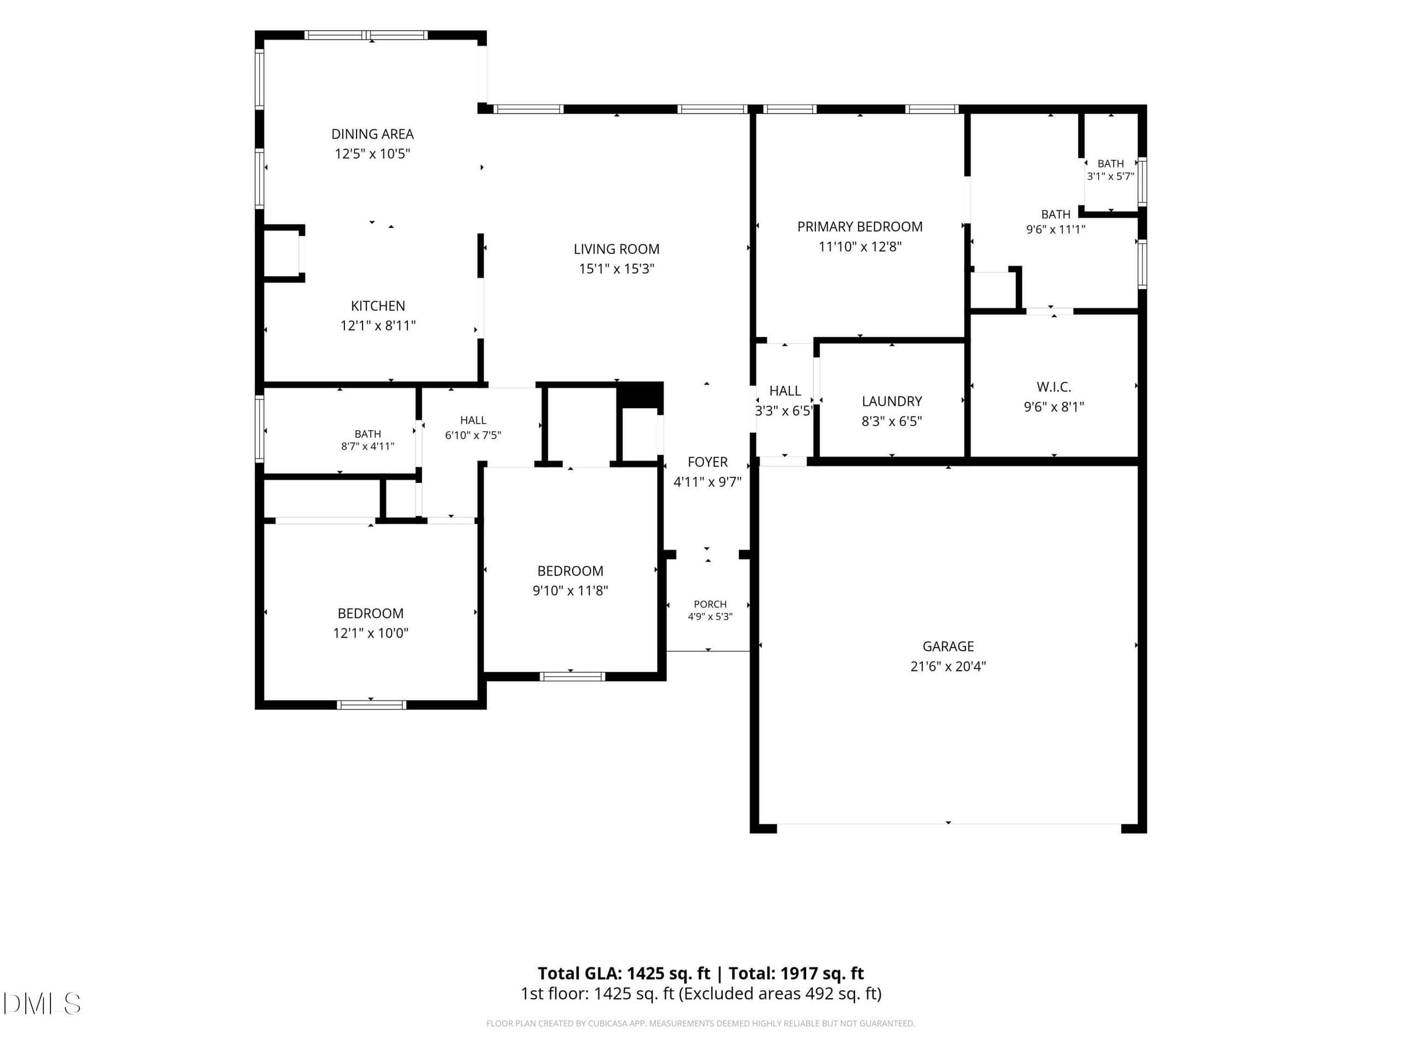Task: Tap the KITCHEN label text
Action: pyautogui.click(x=378, y=306)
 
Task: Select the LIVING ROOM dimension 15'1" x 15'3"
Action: pyautogui.click(x=616, y=268)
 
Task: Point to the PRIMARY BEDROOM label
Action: pyautogui.click(x=859, y=226)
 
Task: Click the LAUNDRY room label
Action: pyautogui.click(x=892, y=402)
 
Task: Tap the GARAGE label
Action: pyautogui.click(x=948, y=646)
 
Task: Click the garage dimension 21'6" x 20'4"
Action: pyautogui.click(x=948, y=666)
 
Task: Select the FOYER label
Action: pyautogui.click(x=708, y=462)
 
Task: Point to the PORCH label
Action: pyautogui.click(x=710, y=604)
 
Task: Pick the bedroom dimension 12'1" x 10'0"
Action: pyautogui.click(x=371, y=633)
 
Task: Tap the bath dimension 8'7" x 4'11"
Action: pyautogui.click(x=367, y=447)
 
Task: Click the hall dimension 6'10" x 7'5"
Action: pyautogui.click(x=473, y=436)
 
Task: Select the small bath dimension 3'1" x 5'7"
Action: pyautogui.click(x=1111, y=176)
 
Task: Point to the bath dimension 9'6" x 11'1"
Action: pyautogui.click(x=1055, y=230)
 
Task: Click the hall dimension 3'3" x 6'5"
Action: pyautogui.click(x=784, y=411)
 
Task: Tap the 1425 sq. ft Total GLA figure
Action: pyautogui.click(x=669, y=973)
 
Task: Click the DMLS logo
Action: pyautogui.click(x=42, y=1003)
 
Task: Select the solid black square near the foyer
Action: pyautogui.click(x=640, y=395)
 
